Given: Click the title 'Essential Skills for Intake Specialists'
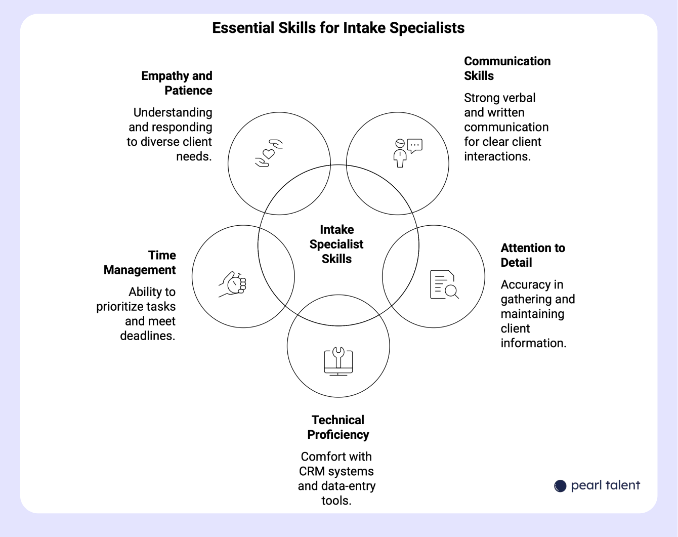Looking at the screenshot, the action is click(x=338, y=28).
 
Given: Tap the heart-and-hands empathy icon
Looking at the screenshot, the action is click(x=269, y=153).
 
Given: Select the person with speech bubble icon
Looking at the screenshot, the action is click(x=408, y=153).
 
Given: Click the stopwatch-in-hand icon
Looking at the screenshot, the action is click(x=233, y=284).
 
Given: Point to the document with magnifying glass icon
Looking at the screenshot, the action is click(x=444, y=284).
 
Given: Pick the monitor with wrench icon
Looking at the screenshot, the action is click(x=338, y=361).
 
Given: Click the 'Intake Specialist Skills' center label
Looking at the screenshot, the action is click(x=336, y=244).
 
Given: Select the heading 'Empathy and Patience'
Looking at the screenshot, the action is click(x=177, y=83).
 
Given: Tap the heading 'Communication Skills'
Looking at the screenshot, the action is click(x=507, y=68).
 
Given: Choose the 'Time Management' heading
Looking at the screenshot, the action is click(x=140, y=263).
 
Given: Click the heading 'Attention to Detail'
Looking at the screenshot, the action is click(x=533, y=255).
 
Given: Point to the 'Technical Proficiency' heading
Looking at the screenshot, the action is click(x=338, y=427).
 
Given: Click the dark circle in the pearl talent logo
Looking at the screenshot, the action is click(x=560, y=486).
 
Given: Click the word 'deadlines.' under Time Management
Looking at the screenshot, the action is click(x=147, y=336).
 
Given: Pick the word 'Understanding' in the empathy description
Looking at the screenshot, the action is click(x=173, y=113).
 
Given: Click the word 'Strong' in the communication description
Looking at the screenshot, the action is click(x=481, y=98).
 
